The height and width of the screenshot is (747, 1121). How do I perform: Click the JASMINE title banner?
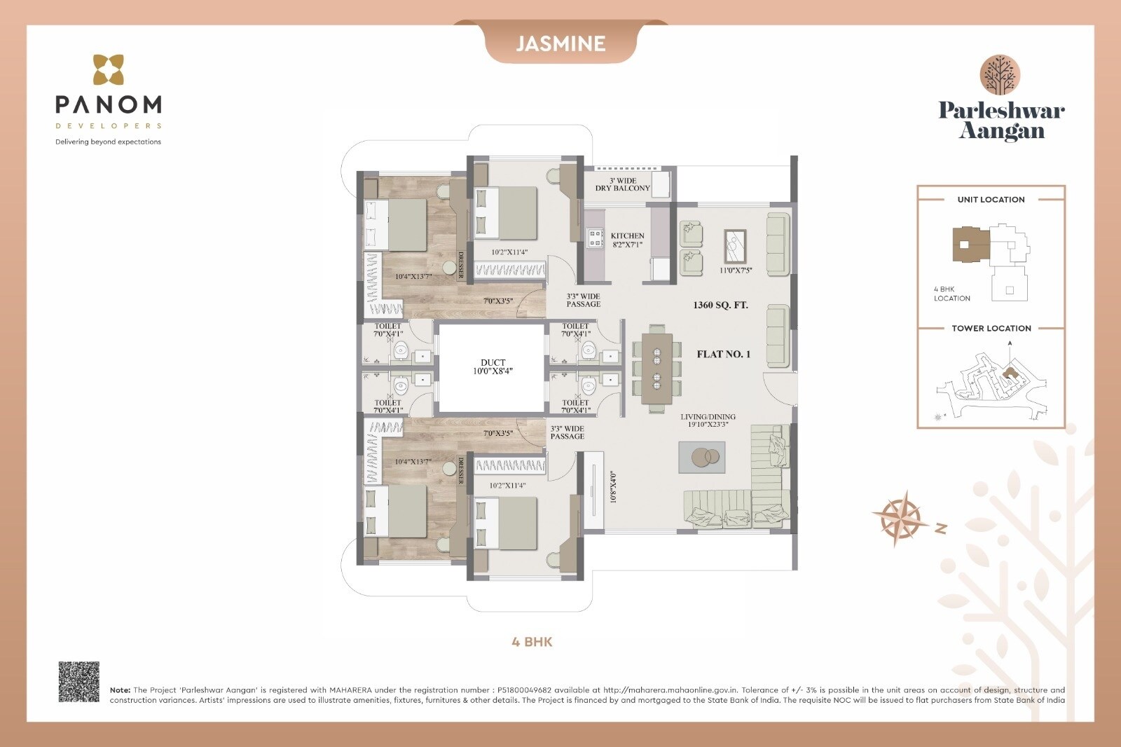[560, 43]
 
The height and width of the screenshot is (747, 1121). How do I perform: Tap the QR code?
[78, 681]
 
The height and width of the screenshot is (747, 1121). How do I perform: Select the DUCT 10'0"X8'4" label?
[493, 367]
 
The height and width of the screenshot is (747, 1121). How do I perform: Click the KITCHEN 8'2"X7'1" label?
[627, 240]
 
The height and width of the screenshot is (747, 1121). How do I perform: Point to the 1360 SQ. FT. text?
[720, 305]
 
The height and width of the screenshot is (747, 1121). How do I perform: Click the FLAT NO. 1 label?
[723, 354]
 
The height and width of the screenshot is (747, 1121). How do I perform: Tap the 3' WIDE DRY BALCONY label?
[622, 184]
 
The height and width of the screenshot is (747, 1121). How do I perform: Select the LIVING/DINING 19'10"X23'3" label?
[708, 420]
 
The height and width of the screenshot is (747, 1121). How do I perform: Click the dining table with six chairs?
[656, 369]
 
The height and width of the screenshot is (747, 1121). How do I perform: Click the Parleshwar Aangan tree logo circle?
[1000, 76]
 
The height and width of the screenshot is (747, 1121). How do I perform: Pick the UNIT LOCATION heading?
[991, 200]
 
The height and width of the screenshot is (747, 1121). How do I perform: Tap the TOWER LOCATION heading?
[991, 328]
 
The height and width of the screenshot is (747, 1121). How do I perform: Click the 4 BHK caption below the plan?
[532, 642]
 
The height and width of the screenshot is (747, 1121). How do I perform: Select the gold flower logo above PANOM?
[109, 70]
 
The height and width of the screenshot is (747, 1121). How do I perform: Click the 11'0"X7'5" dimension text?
[736, 270]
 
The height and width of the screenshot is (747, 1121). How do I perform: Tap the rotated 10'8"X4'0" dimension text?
[613, 486]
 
